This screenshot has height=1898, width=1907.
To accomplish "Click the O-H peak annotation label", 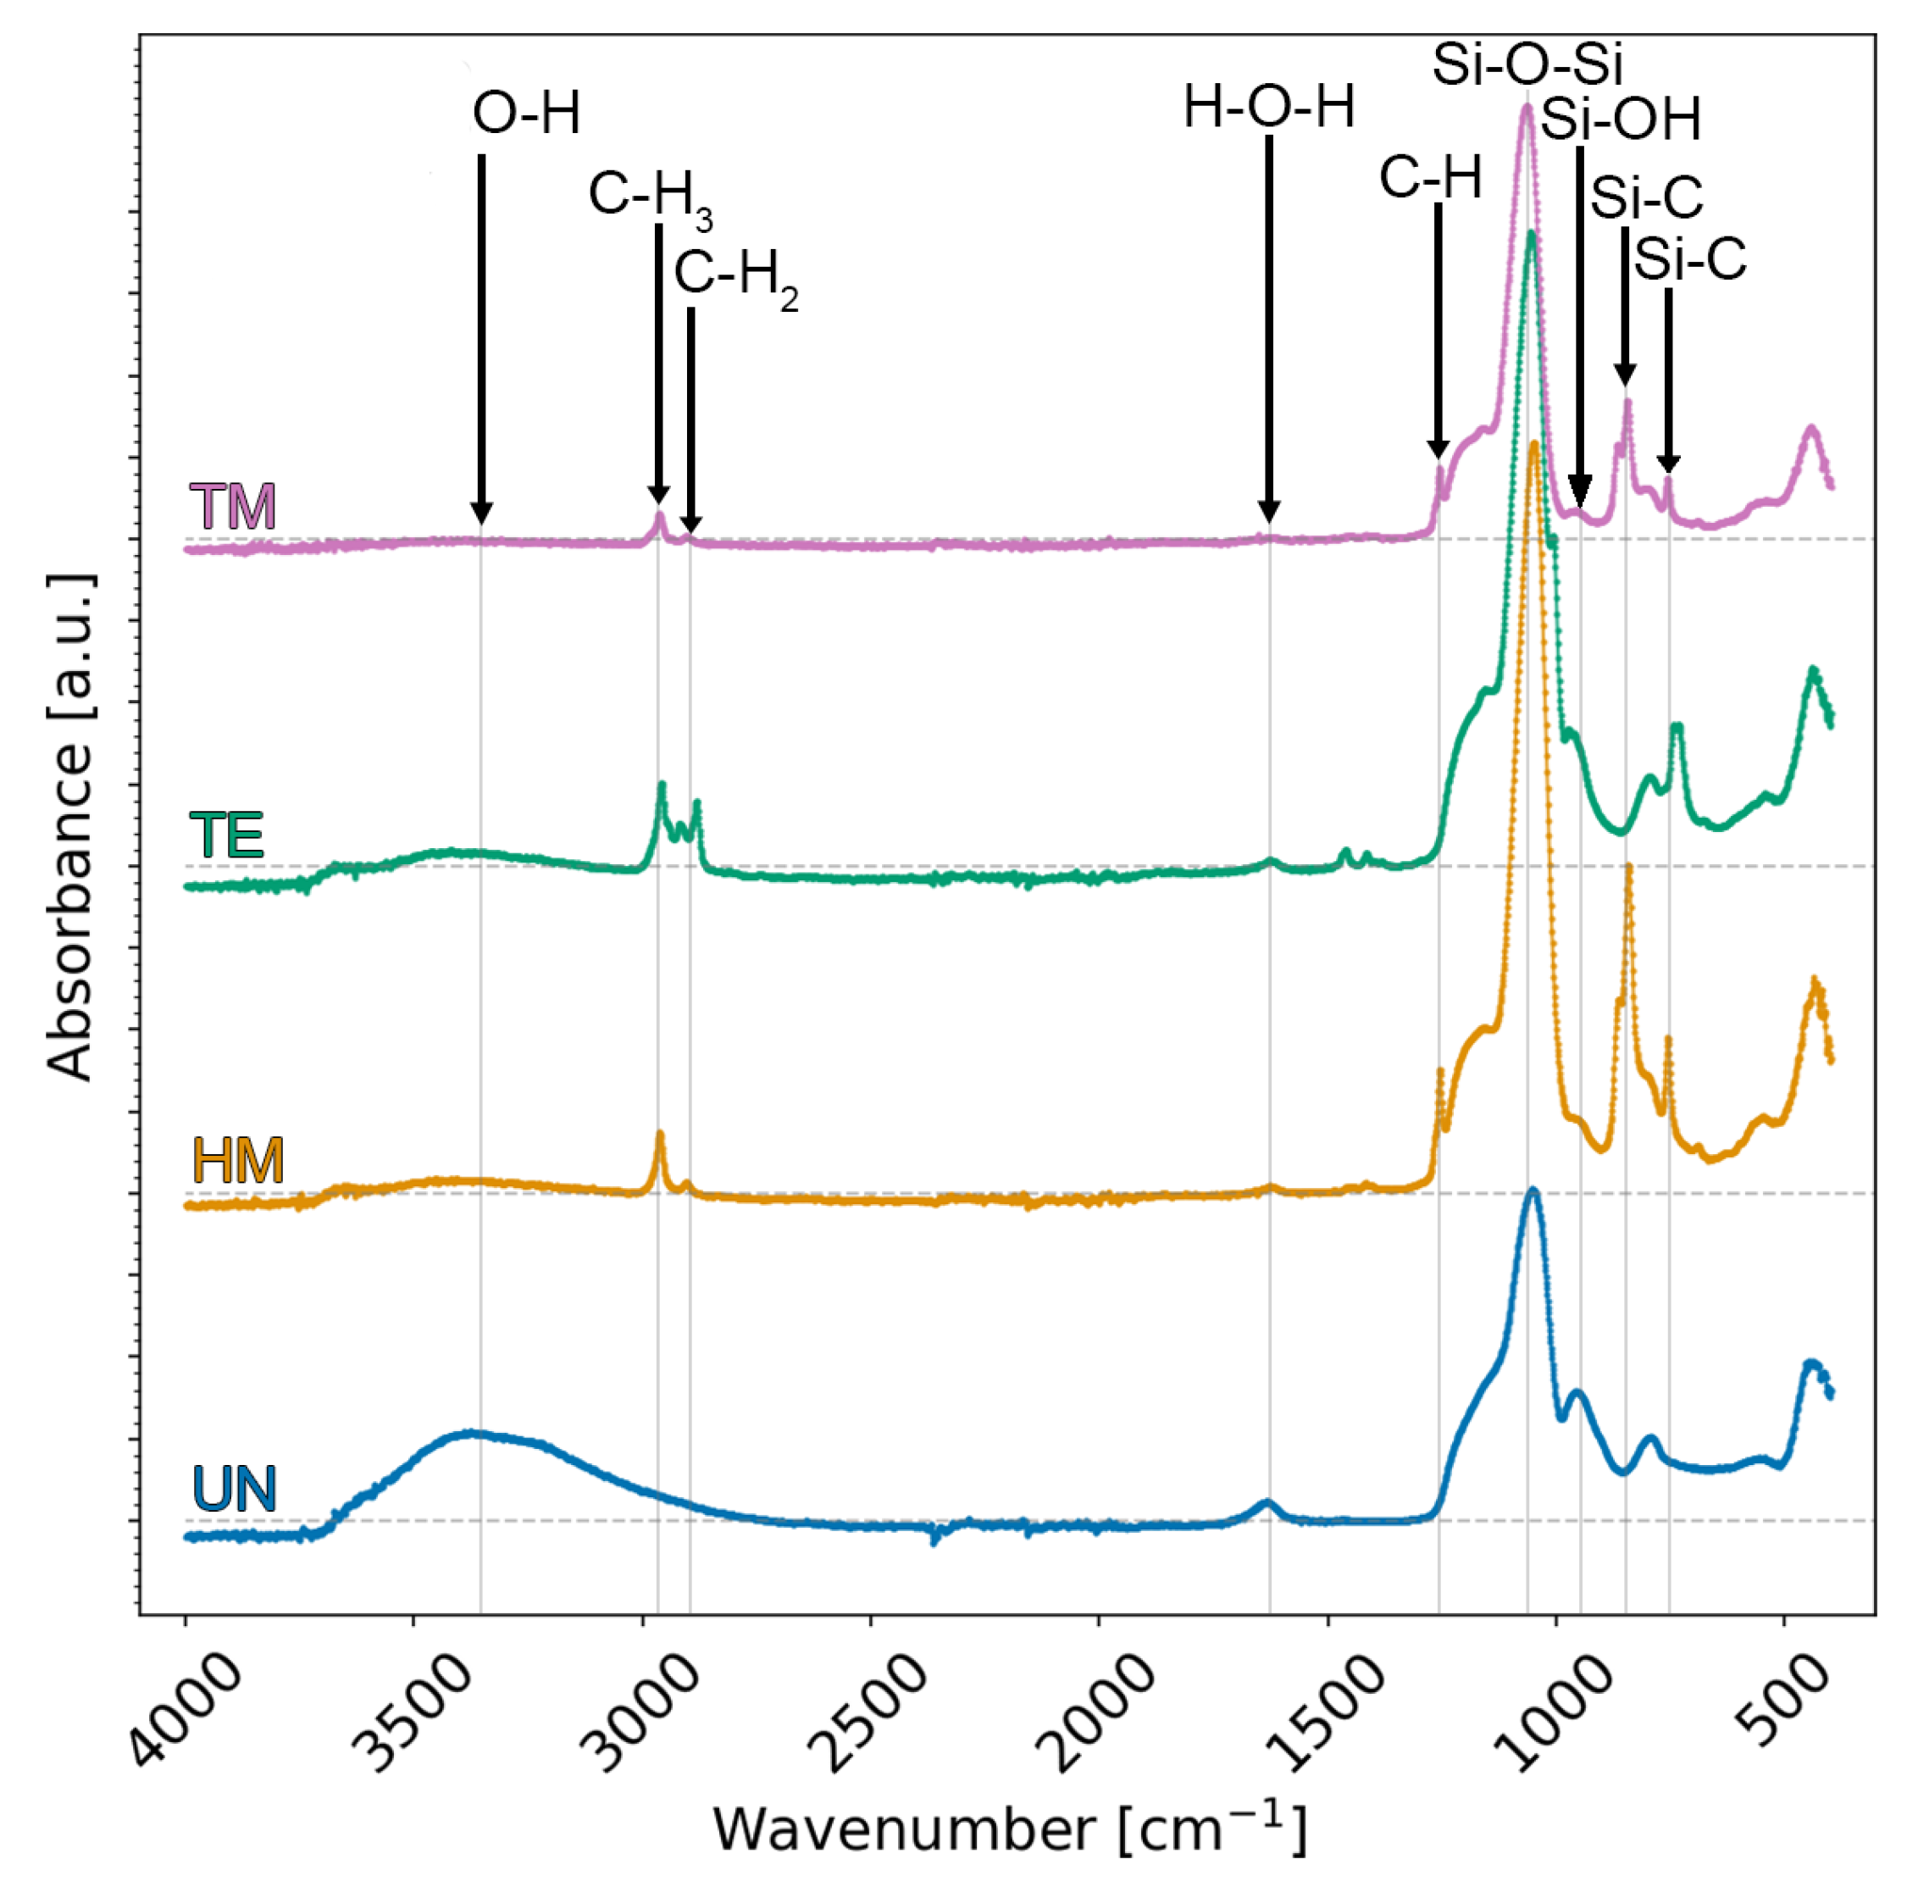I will pos(526,114).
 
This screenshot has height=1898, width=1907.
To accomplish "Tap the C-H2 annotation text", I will pos(735,275).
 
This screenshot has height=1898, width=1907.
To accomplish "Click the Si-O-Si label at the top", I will pos(1527,65).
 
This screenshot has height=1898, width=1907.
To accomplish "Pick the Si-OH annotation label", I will pos(1621,120).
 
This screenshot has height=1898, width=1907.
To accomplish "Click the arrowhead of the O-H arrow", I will pos(480,514).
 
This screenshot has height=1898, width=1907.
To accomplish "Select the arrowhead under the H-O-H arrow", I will pos(1268,513).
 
